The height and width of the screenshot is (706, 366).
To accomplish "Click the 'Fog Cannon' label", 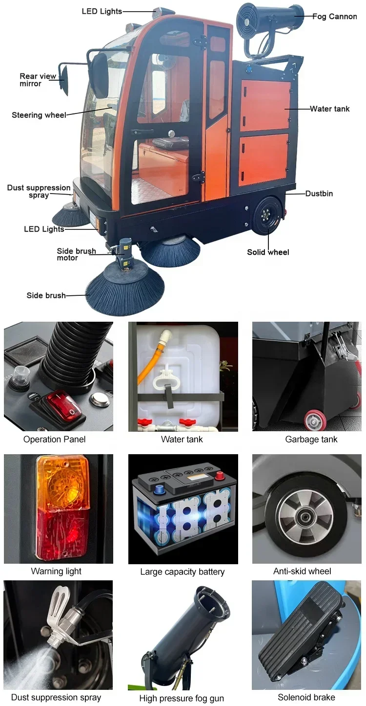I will tap(334, 17).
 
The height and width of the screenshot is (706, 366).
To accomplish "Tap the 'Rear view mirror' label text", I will tap(38, 80).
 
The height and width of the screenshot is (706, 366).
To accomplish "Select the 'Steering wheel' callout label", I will tap(39, 115).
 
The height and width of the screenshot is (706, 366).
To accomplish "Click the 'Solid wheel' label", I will tap(268, 252).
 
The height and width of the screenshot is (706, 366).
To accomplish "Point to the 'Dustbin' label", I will tap(319, 194).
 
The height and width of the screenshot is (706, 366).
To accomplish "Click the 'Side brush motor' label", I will tap(76, 254).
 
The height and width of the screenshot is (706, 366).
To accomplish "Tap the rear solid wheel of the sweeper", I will tap(266, 215).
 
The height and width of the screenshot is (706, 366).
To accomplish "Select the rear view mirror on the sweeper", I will tap(64, 77).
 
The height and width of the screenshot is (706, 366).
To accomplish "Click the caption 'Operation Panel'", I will tap(54, 439).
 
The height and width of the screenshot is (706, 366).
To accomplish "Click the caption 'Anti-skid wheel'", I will tap(302, 571).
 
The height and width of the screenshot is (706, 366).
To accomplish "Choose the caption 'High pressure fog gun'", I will tap(182, 698).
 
